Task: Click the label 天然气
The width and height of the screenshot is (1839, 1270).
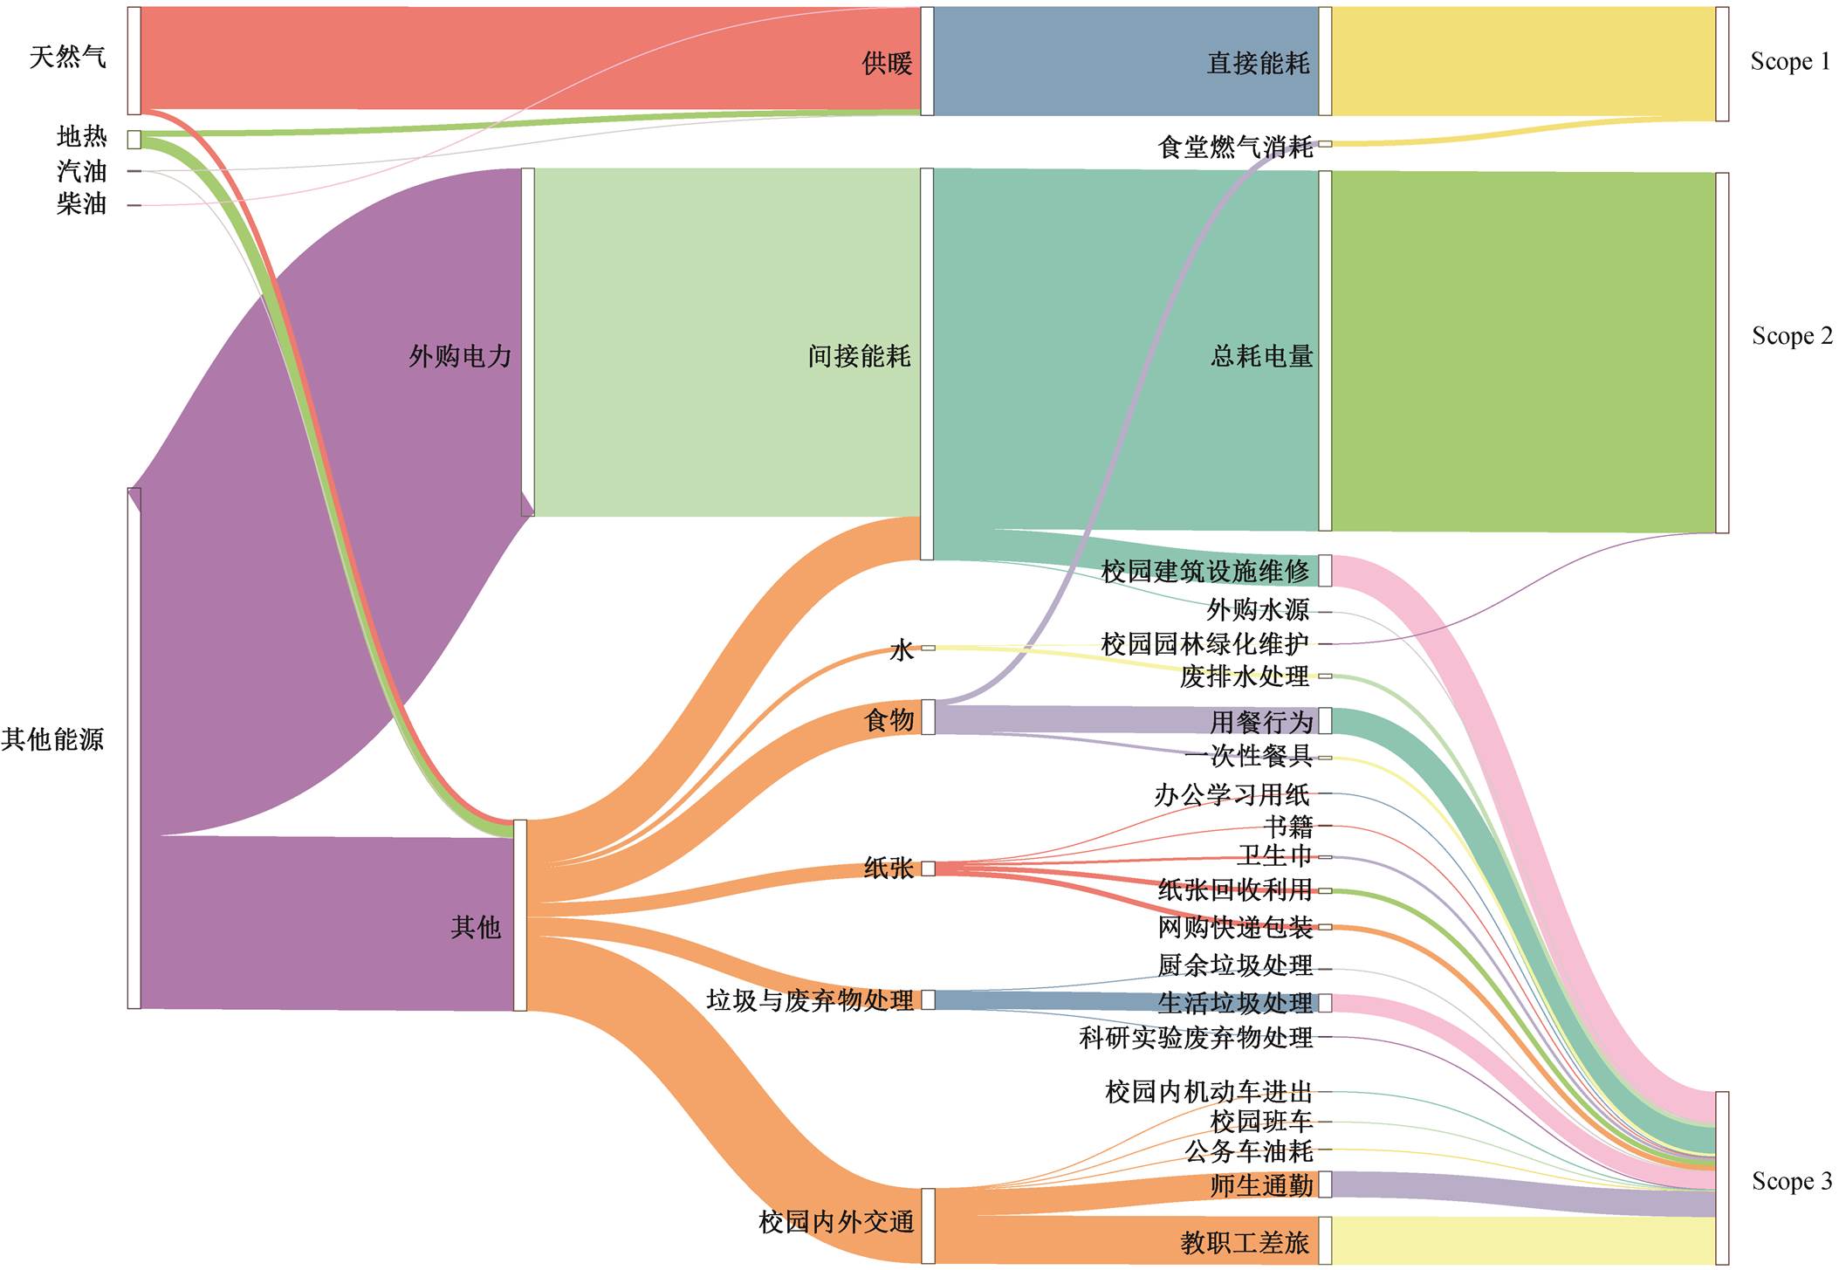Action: tap(67, 58)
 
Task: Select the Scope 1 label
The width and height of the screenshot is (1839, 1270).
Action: tap(1790, 61)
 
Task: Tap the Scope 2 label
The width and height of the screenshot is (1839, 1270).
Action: tap(1792, 336)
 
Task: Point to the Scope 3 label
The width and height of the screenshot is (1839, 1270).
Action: tap(1792, 1181)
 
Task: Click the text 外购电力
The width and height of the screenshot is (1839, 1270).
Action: tap(460, 356)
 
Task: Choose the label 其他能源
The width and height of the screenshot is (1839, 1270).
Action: tap(52, 739)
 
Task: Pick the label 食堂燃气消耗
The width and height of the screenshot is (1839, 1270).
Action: tap(1235, 147)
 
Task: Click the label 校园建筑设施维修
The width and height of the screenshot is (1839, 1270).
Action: tap(1205, 572)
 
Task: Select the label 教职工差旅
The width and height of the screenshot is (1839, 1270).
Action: tap(1245, 1242)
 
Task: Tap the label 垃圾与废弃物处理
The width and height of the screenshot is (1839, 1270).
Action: tap(810, 1000)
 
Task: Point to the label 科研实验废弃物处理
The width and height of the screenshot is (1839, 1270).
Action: tap(1196, 1038)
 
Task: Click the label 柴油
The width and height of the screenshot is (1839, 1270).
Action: tap(81, 204)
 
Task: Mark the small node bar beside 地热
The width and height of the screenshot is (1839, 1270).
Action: tap(134, 140)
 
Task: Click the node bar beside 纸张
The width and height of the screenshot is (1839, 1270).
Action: tap(929, 868)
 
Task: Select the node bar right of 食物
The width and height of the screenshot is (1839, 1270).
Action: tap(929, 717)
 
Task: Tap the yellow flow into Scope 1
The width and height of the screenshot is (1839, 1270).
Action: tap(1524, 63)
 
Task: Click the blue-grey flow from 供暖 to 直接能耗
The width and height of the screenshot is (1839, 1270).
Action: tap(1126, 61)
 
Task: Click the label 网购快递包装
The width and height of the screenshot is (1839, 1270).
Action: tap(1235, 927)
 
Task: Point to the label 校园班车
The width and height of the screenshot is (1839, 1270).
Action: tap(1261, 1122)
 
